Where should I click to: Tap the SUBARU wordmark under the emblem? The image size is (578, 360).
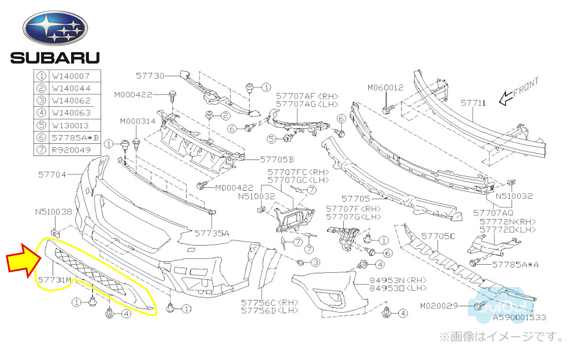[54, 57]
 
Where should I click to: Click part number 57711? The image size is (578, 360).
[473, 103]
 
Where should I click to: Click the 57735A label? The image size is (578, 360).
[212, 233]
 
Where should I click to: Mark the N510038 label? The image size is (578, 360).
[54, 212]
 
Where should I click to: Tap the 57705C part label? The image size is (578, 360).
[438, 236]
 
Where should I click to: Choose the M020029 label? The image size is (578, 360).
[439, 305]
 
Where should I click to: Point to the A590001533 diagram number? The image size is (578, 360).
[519, 317]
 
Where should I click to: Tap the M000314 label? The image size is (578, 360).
[138, 121]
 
